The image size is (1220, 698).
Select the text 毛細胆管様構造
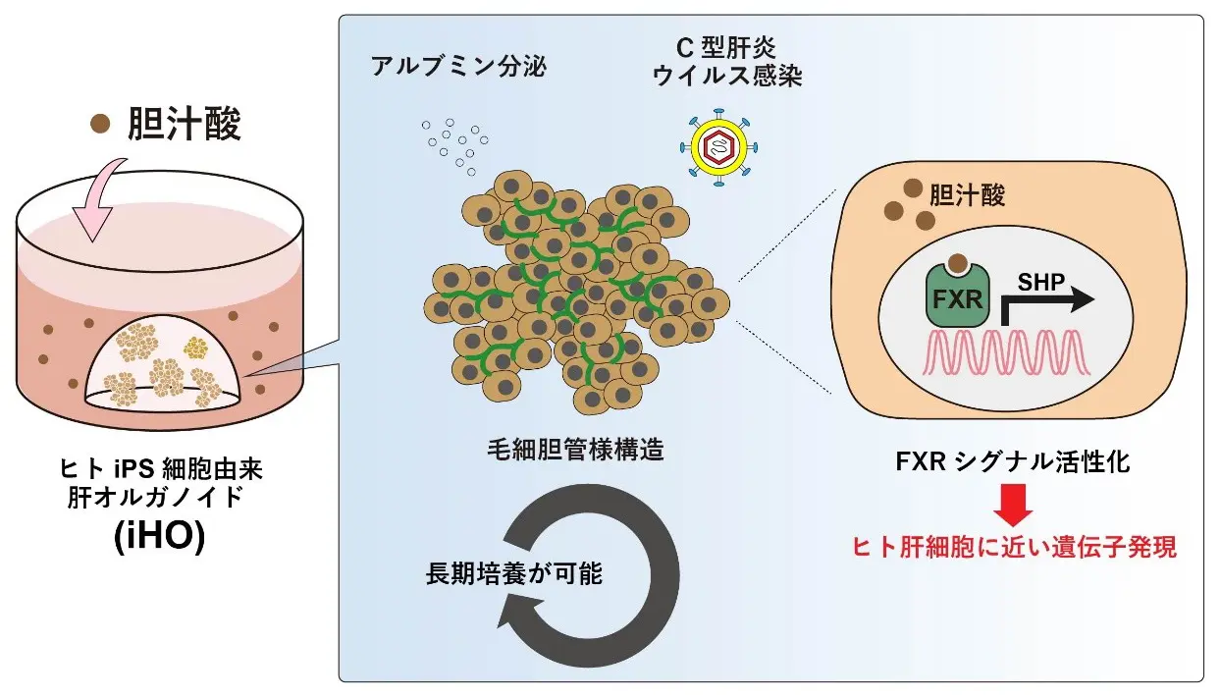(x=575, y=451)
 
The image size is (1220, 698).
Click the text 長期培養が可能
(x=513, y=573)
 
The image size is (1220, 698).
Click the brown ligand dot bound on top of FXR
(x=956, y=262)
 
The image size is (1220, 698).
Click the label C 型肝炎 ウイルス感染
(x=728, y=64)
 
